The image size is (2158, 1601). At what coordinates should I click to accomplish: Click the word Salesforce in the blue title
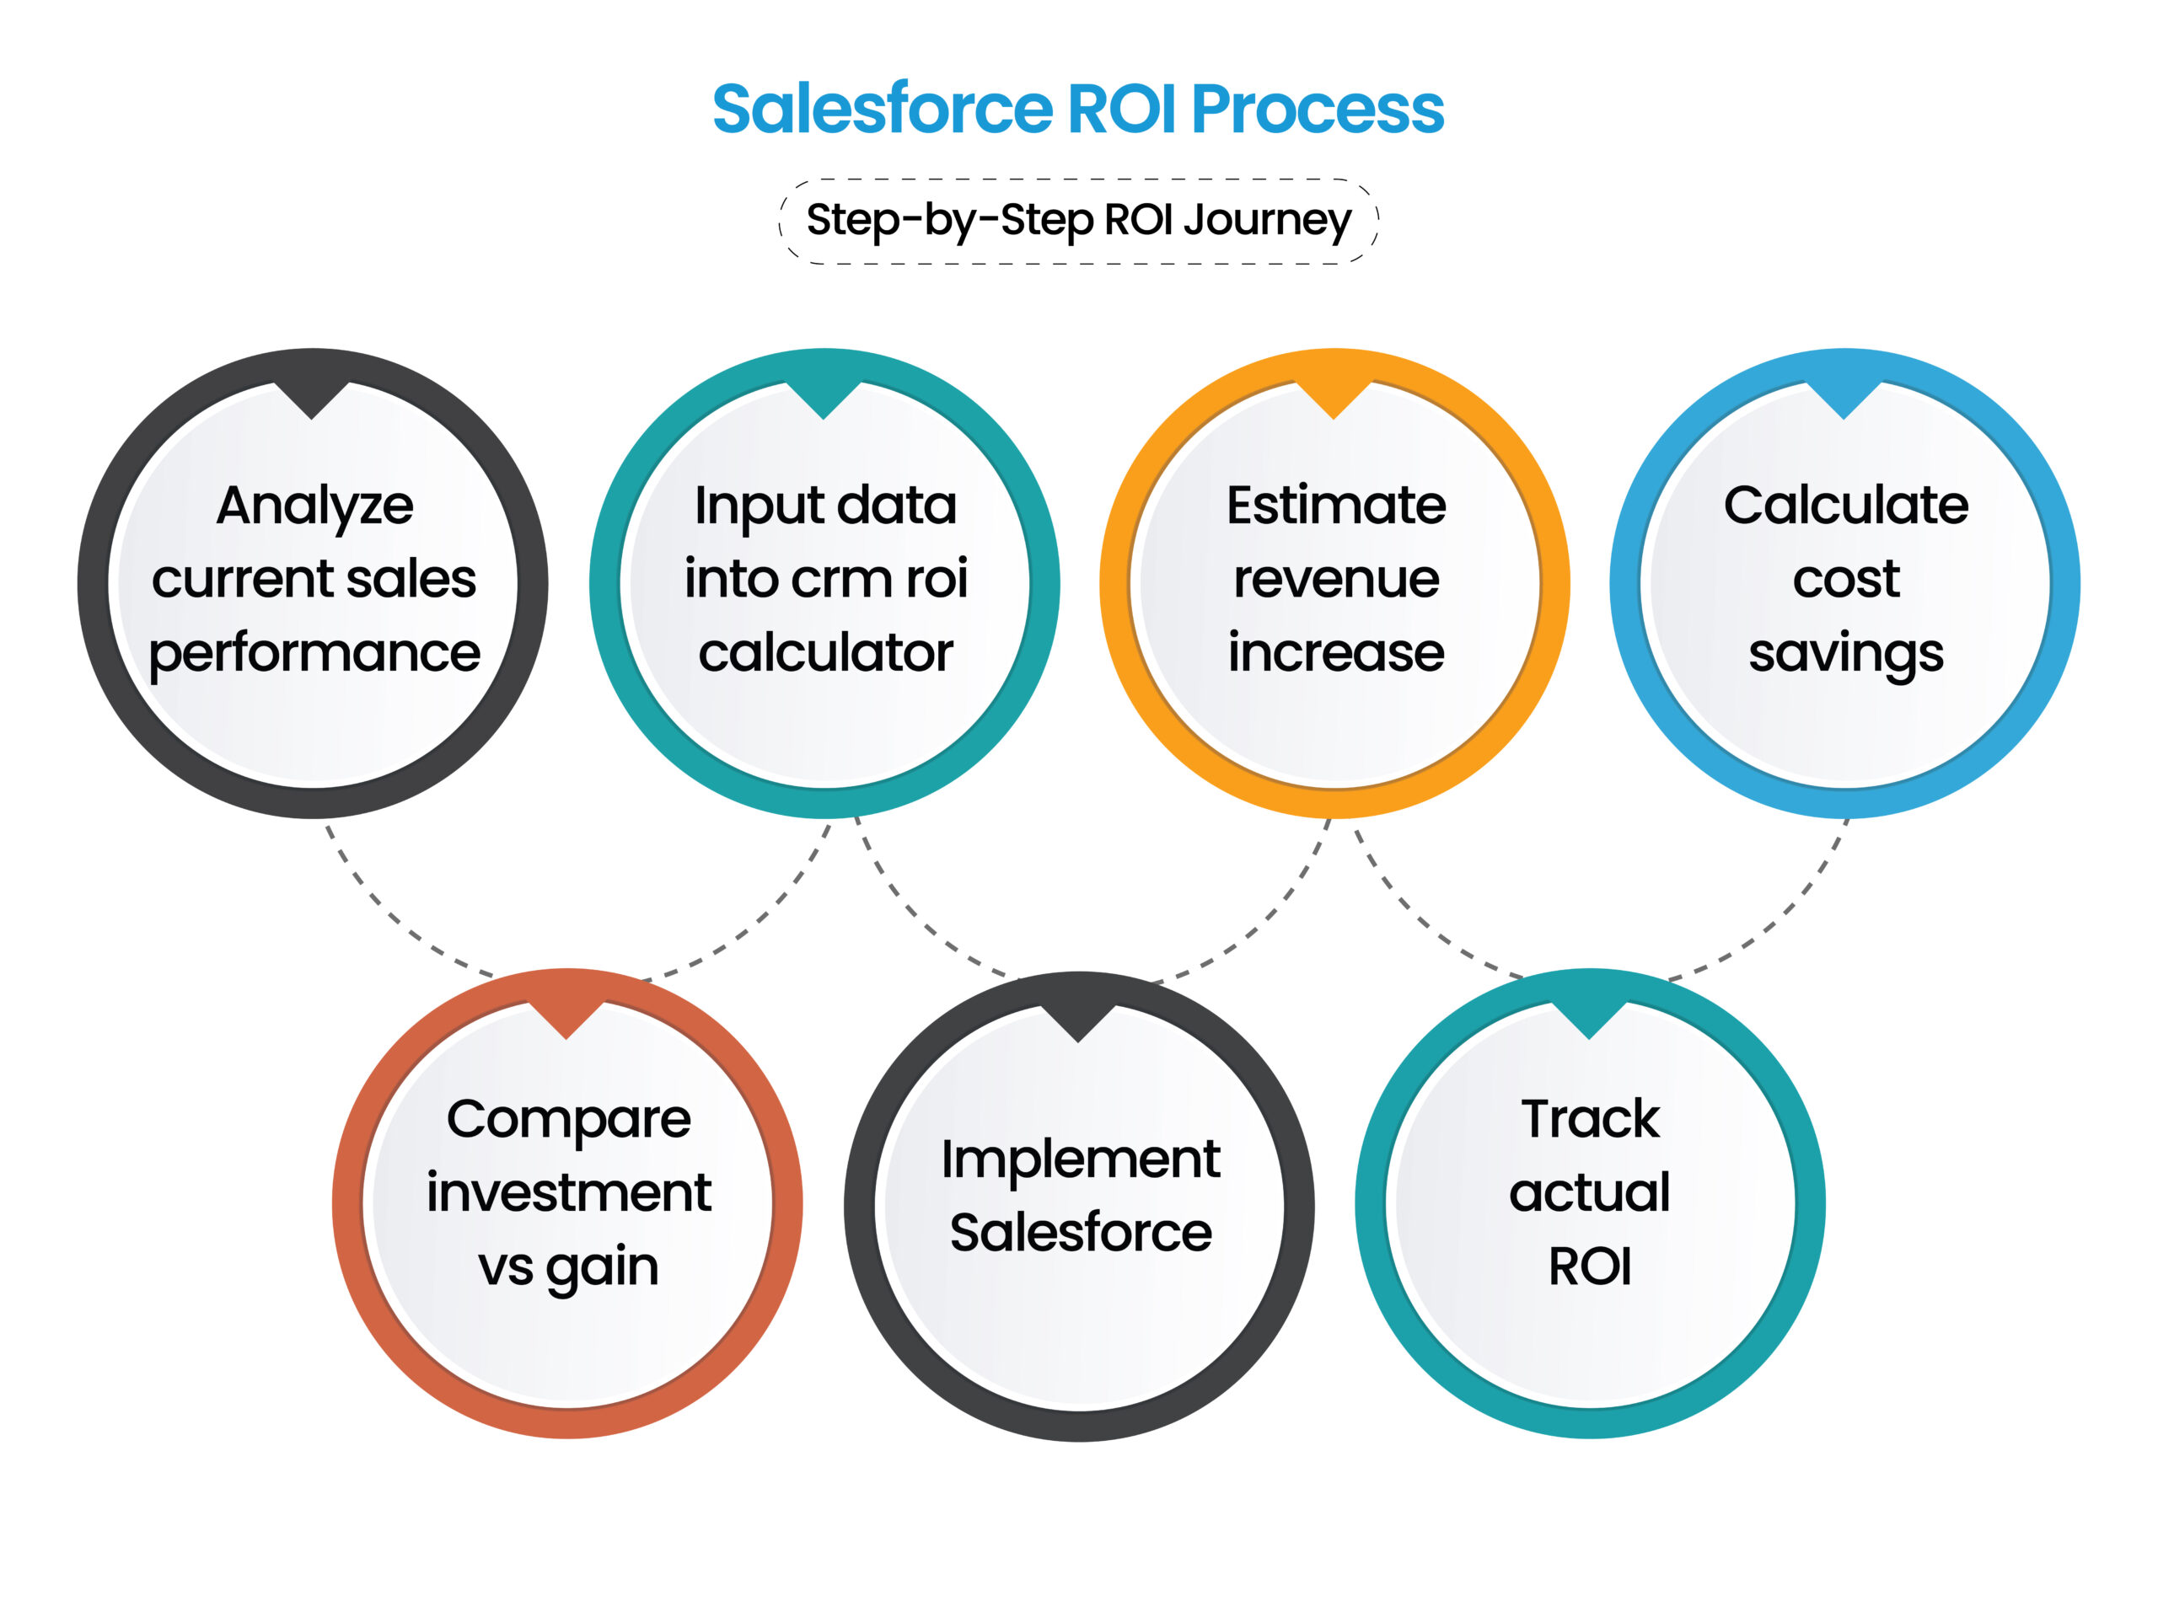pos(883,109)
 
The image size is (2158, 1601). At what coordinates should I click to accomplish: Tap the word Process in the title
pos(1317,109)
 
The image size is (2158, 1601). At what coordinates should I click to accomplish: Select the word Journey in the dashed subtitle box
pos(1266,221)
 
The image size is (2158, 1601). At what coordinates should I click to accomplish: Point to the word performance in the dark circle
pos(314,653)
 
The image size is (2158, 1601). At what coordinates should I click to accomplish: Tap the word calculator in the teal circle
pos(825,653)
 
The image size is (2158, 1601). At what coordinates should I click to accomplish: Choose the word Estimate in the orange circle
pos(1336,506)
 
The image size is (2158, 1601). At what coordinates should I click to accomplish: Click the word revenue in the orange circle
pos(1336,580)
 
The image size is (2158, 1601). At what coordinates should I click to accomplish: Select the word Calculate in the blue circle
pos(1845,506)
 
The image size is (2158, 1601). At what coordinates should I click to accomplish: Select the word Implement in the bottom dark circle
pos(1080,1161)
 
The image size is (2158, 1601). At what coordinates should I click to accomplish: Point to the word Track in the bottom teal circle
pos(1590,1119)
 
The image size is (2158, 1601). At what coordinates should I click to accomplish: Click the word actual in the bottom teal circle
pos(1590,1193)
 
